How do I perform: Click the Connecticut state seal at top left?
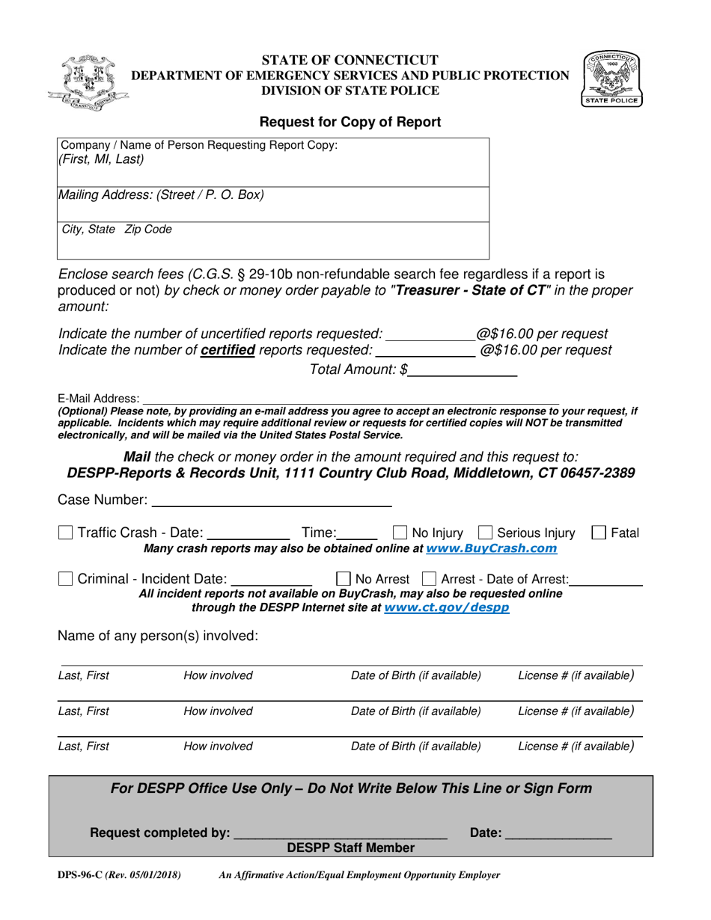coord(88,83)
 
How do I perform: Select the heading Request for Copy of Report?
coord(350,121)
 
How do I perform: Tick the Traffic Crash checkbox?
coord(66,533)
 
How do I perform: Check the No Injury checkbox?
coord(400,533)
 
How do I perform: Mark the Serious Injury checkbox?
coord(485,533)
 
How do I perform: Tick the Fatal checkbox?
coord(599,533)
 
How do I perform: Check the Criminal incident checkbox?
coord(66,578)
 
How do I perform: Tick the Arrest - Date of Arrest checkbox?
coord(430,578)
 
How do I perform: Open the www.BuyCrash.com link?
coord(491,549)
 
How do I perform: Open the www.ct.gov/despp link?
coord(446,608)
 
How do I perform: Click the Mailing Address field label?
coord(161,195)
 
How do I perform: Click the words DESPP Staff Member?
coord(351,847)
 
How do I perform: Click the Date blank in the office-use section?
coord(558,832)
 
